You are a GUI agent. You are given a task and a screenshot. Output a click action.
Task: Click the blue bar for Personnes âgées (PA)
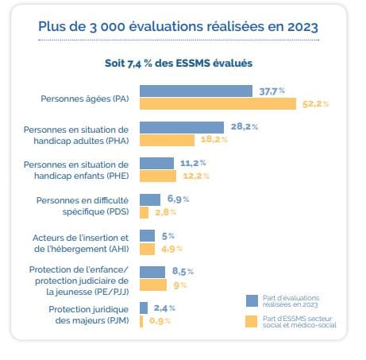point(196,91)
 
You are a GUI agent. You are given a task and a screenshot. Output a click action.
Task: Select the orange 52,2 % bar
point(218,103)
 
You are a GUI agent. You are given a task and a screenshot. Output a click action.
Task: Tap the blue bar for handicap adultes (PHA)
point(182,127)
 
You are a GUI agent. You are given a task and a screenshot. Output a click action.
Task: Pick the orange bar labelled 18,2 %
point(167,140)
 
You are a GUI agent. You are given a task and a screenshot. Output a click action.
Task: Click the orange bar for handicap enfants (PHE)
point(158,176)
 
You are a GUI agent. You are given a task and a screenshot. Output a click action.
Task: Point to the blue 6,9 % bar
point(150,199)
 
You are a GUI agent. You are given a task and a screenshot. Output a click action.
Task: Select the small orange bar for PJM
point(141,321)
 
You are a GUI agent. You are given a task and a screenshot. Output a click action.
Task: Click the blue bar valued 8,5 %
point(152,272)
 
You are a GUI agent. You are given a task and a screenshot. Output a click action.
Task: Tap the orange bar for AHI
point(147,249)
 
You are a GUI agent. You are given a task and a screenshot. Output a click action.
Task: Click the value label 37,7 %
point(272,91)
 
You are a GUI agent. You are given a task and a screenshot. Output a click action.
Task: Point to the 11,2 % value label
point(193,163)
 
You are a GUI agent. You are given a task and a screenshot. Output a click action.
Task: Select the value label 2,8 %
point(165,212)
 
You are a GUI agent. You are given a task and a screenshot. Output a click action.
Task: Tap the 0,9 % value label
point(160,321)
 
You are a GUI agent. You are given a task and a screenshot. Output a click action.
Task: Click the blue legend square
point(252,300)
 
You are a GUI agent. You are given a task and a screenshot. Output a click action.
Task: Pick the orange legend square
point(251,321)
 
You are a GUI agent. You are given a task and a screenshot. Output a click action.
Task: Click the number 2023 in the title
point(302,27)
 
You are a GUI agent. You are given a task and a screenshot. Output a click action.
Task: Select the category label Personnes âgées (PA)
point(85,99)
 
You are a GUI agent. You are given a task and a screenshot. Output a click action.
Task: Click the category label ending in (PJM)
point(89,315)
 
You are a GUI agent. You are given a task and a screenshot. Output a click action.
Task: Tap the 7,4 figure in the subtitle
point(134,64)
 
